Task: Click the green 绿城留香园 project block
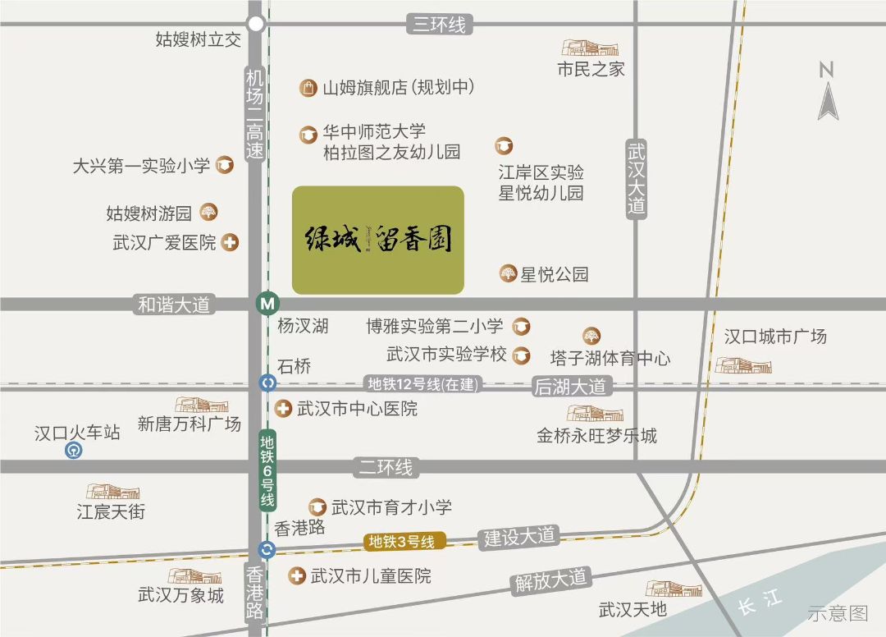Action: coord(378,240)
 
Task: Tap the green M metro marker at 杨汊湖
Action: coord(267,303)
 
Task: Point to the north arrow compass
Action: coord(827,92)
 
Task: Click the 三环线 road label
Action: coord(439,25)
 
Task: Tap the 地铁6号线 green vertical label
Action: coord(267,472)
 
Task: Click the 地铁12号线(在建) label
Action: coord(422,384)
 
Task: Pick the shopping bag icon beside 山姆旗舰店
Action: coord(308,88)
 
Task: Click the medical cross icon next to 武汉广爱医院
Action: coord(231,243)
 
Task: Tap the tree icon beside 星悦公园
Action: coord(509,273)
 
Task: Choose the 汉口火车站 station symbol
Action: coord(75,451)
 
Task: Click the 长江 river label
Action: coord(759,603)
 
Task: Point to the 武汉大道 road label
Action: coord(637,178)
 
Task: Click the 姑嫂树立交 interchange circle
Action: coord(257,24)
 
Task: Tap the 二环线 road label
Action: coord(386,467)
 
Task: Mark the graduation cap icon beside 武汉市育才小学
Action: coord(317,507)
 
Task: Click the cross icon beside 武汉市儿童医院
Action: coord(296,576)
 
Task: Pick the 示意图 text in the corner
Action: coord(837,612)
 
